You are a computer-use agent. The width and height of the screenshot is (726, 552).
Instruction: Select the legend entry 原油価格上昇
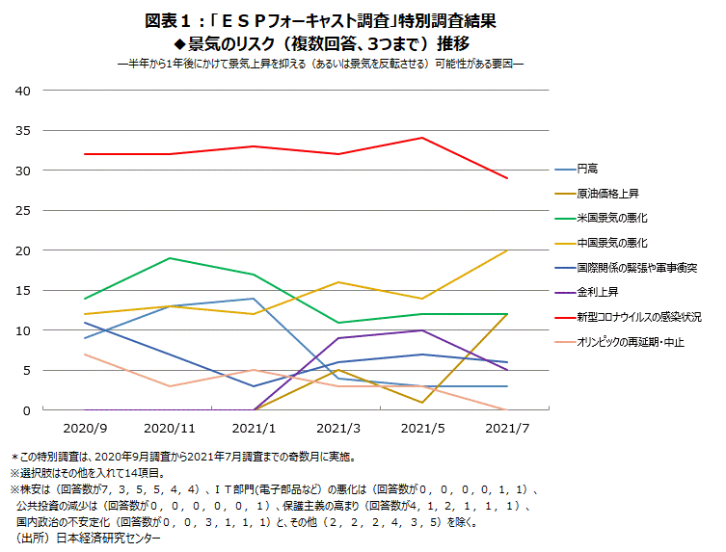point(605,194)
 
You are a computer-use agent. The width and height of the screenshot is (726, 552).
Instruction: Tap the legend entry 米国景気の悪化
point(611,218)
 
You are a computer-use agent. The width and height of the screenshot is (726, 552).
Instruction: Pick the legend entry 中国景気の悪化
point(611,243)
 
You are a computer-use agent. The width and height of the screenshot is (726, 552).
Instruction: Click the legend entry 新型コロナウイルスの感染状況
point(638,317)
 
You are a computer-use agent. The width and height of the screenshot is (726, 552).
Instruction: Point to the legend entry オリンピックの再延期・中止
point(630,342)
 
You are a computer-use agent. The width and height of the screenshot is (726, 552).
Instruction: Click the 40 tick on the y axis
point(23,91)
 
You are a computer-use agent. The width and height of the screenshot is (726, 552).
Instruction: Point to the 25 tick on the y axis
point(23,211)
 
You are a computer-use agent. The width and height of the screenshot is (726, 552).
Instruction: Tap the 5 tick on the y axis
point(27,371)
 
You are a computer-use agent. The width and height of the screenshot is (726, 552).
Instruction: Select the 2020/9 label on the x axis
point(86,426)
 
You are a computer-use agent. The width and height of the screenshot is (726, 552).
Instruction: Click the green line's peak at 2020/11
point(170,258)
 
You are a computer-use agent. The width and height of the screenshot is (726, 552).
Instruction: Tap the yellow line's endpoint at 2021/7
point(507,250)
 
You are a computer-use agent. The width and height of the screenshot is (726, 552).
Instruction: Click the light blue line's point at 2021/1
point(253,299)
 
